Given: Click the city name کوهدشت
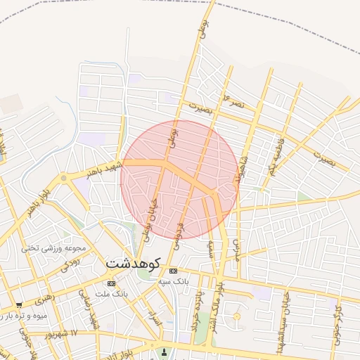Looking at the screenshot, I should (134, 263).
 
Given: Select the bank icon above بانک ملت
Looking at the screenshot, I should (110, 283).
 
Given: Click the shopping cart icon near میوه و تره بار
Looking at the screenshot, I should (18, 305).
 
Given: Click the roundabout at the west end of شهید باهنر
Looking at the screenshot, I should (64, 179).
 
